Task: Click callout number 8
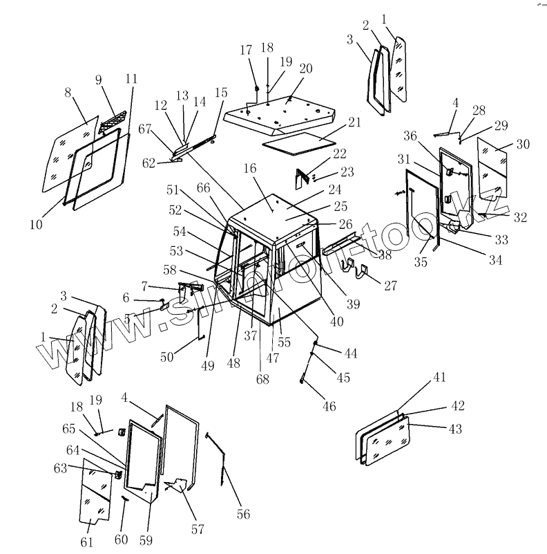tap(68, 92)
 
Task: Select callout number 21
tap(355, 122)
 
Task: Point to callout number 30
tap(523, 145)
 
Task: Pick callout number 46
tap(329, 407)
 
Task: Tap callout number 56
tap(242, 514)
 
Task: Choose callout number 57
tap(198, 530)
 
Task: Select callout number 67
tap(144, 129)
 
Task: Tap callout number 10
tap(36, 224)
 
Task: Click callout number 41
tap(440, 377)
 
